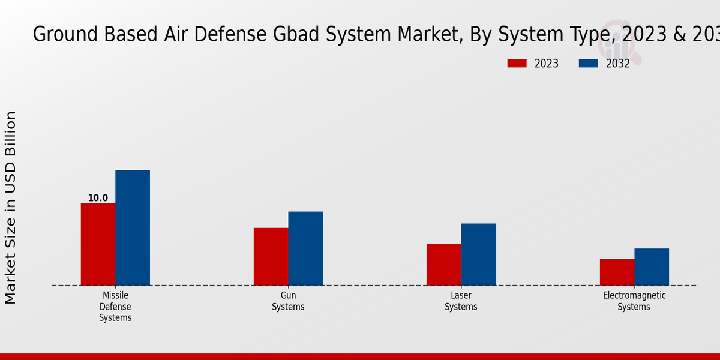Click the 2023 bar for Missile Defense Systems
click(x=98, y=244)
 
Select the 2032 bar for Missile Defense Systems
click(x=133, y=227)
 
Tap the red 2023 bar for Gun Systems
click(x=271, y=256)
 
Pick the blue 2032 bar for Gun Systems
click(x=305, y=248)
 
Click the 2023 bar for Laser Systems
click(x=444, y=265)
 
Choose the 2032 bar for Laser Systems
click(x=479, y=254)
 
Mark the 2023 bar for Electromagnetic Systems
click(x=617, y=272)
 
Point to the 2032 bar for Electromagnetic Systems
click(x=652, y=266)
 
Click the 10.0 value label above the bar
click(x=98, y=198)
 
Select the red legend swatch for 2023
click(x=517, y=64)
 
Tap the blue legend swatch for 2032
click(x=588, y=64)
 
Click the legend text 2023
click(x=546, y=64)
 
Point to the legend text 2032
click(x=617, y=64)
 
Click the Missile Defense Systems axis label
click(x=115, y=307)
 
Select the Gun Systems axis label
click(x=288, y=301)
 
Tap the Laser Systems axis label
click(x=461, y=301)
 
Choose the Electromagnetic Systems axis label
click(x=634, y=301)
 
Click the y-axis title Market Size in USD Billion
click(x=11, y=207)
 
